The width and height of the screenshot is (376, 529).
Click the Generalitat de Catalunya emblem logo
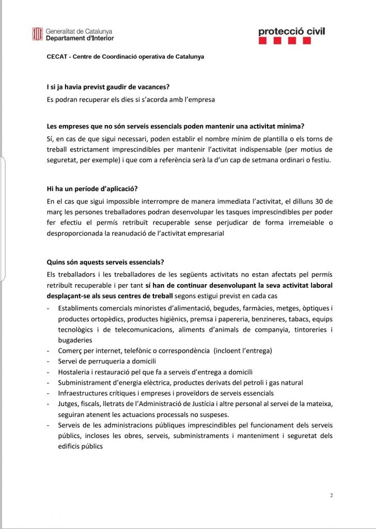(37, 35)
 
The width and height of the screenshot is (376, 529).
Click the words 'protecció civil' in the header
(292, 32)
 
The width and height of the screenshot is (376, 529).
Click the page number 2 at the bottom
(332, 495)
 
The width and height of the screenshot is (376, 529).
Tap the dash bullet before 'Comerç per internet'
(48, 351)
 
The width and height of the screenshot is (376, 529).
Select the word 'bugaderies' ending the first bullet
(75, 340)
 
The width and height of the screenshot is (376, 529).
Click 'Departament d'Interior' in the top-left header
(80, 38)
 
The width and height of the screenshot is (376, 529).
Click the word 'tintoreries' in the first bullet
(306, 330)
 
